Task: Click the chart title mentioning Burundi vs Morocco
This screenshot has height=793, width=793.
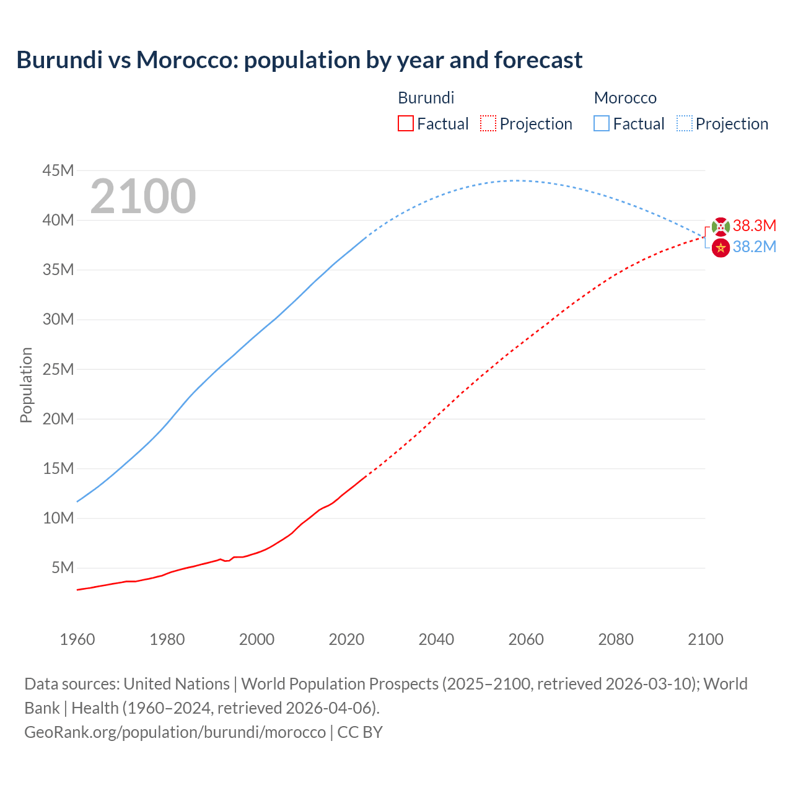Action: (299, 60)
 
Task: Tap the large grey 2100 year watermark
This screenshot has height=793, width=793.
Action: (143, 196)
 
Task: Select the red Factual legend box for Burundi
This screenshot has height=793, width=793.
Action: (405, 124)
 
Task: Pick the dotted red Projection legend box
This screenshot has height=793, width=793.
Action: (488, 124)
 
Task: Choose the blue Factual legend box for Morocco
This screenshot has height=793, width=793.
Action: (601, 124)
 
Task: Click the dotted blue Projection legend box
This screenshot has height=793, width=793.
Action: (684, 124)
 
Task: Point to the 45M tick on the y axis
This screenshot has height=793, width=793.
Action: (58, 170)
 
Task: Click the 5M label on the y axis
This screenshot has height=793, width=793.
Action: (63, 567)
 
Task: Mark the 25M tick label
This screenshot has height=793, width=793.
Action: (58, 369)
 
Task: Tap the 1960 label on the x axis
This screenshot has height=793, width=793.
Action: (77, 639)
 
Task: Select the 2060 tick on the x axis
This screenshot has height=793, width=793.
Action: (526, 639)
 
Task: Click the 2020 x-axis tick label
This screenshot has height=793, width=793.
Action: (346, 639)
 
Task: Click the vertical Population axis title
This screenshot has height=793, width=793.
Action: (26, 385)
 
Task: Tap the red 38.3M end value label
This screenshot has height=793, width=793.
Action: (754, 226)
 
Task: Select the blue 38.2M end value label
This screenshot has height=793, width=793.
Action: (754, 247)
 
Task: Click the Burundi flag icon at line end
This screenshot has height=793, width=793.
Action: (721, 227)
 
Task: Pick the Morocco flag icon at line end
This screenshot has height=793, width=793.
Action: (721, 248)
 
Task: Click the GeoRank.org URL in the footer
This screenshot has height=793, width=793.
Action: (175, 732)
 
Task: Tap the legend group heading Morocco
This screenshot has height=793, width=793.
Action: (625, 98)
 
